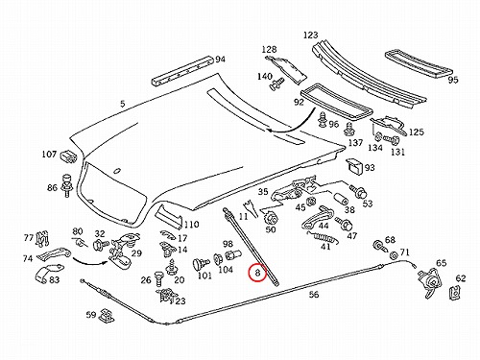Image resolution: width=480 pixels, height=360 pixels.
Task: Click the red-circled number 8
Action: [x=257, y=273]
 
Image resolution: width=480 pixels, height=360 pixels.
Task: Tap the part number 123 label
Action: [x=310, y=35]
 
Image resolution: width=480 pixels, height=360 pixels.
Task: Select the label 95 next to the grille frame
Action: [x=453, y=80]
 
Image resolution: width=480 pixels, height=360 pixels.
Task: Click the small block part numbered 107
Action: [x=68, y=156]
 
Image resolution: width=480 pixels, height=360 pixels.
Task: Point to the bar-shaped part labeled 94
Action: [x=181, y=71]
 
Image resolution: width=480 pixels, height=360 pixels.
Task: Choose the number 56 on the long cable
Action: [x=314, y=294]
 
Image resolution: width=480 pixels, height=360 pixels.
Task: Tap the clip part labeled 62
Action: [x=454, y=290]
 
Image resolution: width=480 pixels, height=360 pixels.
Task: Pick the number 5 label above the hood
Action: [x=123, y=104]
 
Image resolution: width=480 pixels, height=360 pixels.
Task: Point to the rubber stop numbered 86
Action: [x=67, y=185]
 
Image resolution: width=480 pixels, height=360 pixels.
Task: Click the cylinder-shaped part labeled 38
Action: [x=341, y=199]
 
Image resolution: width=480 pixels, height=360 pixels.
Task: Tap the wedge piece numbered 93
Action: [x=354, y=166]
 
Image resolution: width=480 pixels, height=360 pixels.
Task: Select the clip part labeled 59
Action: [x=107, y=316]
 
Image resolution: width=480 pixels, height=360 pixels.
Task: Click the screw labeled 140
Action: [x=276, y=84]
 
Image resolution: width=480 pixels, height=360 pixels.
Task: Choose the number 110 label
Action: [x=191, y=225]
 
